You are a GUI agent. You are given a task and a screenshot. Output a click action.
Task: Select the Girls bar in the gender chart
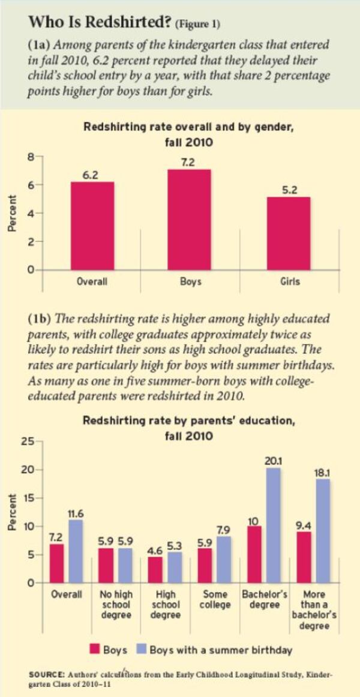click(x=290, y=233)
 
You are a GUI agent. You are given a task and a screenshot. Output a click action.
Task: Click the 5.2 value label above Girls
click(x=290, y=190)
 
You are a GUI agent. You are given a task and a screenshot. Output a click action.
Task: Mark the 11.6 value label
click(x=76, y=513)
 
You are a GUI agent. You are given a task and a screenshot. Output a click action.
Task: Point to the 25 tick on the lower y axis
click(x=27, y=442)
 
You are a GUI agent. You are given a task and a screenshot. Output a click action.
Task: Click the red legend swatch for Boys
click(x=94, y=649)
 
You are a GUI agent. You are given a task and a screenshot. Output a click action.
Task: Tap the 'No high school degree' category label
click(x=116, y=605)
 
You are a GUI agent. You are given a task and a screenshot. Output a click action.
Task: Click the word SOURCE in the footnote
click(x=47, y=674)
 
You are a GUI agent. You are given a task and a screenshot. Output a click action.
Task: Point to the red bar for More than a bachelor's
click(x=305, y=557)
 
